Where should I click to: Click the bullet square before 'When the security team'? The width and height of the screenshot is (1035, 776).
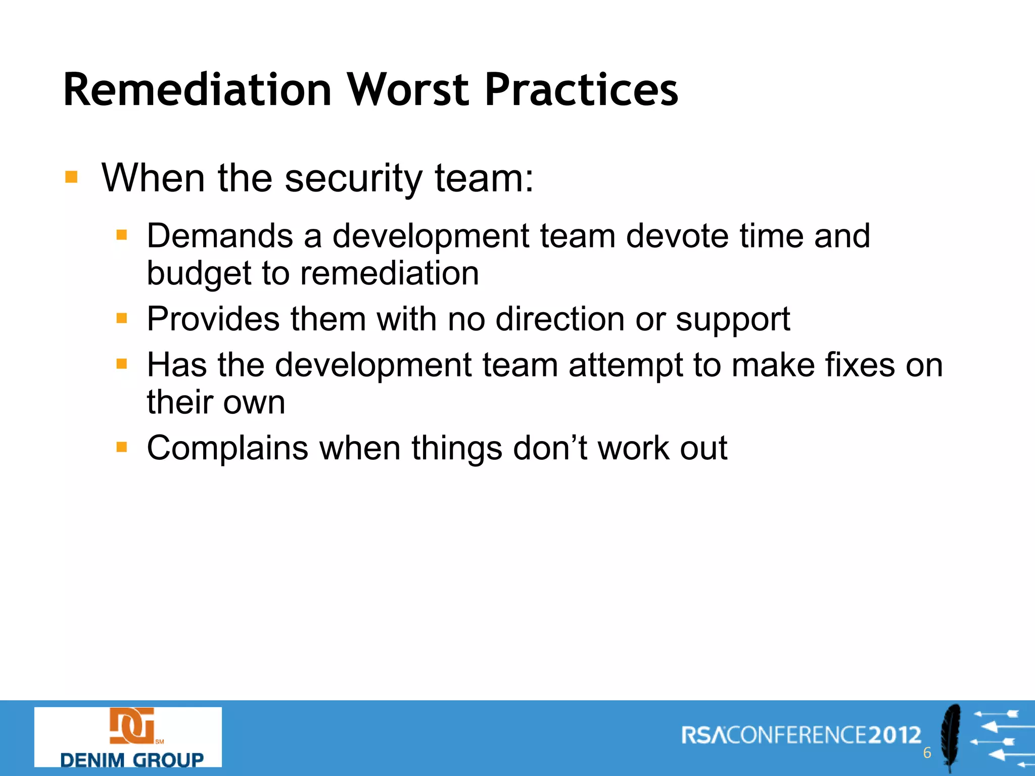click(71, 177)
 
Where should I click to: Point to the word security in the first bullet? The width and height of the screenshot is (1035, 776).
click(353, 179)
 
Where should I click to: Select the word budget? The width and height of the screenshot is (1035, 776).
click(199, 274)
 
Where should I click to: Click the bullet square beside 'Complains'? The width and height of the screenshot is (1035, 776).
click(121, 447)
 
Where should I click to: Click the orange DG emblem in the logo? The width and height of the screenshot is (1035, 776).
click(132, 726)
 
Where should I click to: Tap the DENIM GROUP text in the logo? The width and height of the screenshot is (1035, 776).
click(131, 760)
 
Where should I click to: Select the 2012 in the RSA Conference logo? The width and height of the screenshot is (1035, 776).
click(895, 735)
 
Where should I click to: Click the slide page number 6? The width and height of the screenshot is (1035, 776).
click(927, 753)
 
